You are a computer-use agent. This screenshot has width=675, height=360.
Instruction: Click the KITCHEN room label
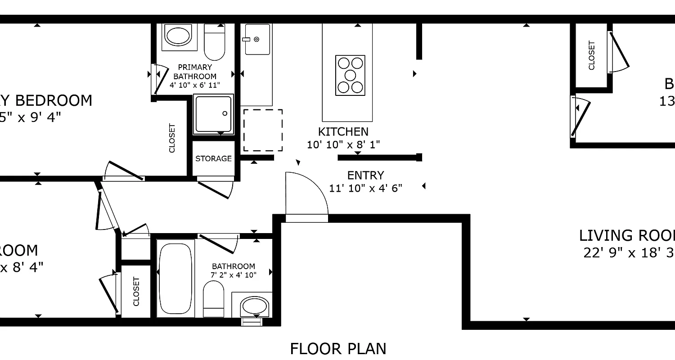click(343, 132)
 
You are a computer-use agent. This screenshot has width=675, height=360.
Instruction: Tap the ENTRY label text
click(365, 175)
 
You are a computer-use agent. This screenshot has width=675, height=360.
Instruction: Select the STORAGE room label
click(213, 158)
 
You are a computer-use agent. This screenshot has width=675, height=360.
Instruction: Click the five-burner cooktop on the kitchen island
click(350, 75)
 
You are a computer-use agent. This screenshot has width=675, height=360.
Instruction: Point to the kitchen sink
click(257, 39)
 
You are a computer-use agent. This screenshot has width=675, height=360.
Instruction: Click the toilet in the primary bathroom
click(214, 41)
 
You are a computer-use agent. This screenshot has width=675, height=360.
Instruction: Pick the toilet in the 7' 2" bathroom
click(213, 299)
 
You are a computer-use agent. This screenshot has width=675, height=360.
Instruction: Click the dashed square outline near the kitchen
click(263, 130)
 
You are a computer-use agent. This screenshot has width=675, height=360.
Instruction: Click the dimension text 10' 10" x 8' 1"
click(343, 145)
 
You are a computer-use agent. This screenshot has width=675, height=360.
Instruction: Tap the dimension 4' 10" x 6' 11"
click(194, 85)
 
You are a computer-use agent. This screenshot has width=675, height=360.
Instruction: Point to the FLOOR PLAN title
click(337, 349)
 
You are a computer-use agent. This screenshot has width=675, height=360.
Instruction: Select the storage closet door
click(216, 189)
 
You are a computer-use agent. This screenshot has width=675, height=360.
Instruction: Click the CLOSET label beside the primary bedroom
click(171, 138)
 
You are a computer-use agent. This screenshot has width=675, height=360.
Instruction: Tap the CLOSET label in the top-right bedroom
click(591, 55)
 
